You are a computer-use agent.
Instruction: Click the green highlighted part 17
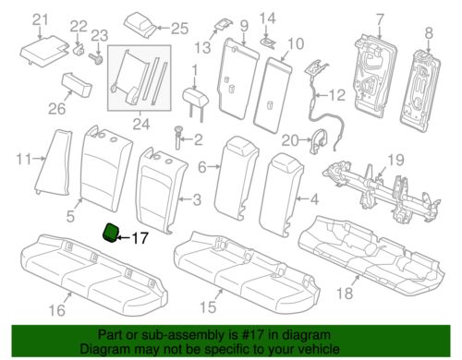tap(110, 234)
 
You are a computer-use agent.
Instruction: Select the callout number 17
tap(140, 238)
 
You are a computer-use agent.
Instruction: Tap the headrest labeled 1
tap(196, 102)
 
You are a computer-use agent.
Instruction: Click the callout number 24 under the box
tap(141, 124)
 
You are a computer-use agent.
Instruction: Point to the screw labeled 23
tap(95, 58)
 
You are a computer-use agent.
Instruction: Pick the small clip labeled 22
tap(79, 49)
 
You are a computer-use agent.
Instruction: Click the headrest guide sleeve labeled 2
tap(178, 138)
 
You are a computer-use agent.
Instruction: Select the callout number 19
tap(396, 160)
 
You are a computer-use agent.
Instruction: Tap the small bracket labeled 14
tap(268, 42)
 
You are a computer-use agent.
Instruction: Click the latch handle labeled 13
tap(224, 25)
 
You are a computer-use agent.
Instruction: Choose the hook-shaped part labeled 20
tap(319, 141)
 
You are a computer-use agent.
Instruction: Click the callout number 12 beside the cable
tap(337, 95)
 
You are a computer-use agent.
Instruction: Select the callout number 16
tap(57, 310)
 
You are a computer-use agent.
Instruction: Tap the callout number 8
tap(429, 33)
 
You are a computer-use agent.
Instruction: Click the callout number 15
tap(208, 307)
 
